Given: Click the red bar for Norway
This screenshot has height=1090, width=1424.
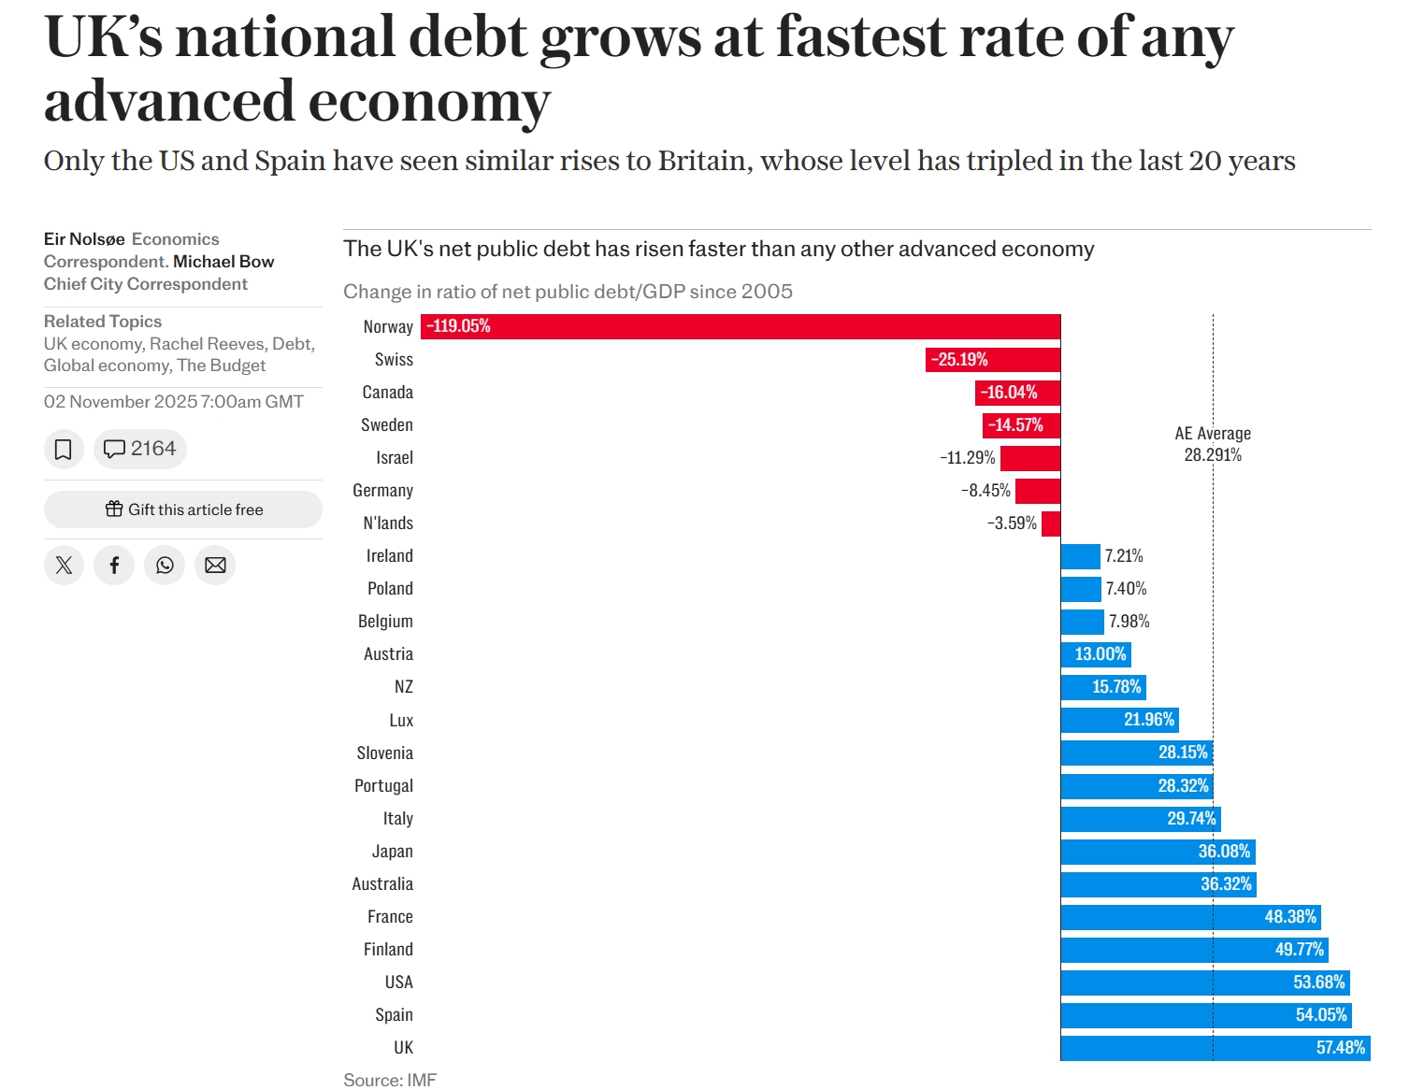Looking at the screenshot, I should pos(741,326).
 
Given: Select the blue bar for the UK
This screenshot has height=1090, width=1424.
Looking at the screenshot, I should pos(1215,1048).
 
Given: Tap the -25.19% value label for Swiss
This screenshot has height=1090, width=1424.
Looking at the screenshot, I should pos(959,360).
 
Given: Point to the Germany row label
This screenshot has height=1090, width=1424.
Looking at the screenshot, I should pos(382,491).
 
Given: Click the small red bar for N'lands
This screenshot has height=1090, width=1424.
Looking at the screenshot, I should pos(1051,523).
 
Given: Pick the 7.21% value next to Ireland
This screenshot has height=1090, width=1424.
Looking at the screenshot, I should pos(1124,556).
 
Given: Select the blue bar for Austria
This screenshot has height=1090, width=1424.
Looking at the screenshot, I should pos(1096,654).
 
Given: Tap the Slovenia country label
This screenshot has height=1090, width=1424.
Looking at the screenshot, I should pos(384,753).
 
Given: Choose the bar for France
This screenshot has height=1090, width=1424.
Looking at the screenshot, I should pos(1190,917).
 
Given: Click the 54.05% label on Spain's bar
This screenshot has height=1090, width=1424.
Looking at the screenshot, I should pos(1321,1015).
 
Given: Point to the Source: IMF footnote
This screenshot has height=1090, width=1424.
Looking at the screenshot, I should pos(390,1080).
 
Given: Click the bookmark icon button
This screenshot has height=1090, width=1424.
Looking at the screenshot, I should pos(64,450).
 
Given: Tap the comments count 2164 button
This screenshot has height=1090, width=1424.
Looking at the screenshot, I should pos(140,450).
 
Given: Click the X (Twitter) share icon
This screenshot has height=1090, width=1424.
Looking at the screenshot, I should pos(64,566).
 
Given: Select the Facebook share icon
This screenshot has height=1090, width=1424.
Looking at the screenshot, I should pos(114,566).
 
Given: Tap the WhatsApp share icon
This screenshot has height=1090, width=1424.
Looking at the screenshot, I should pos(165,566).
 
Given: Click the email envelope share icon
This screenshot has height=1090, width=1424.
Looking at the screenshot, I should pos(215,566).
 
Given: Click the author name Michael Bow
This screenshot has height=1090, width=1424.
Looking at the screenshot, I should pos(223,262).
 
